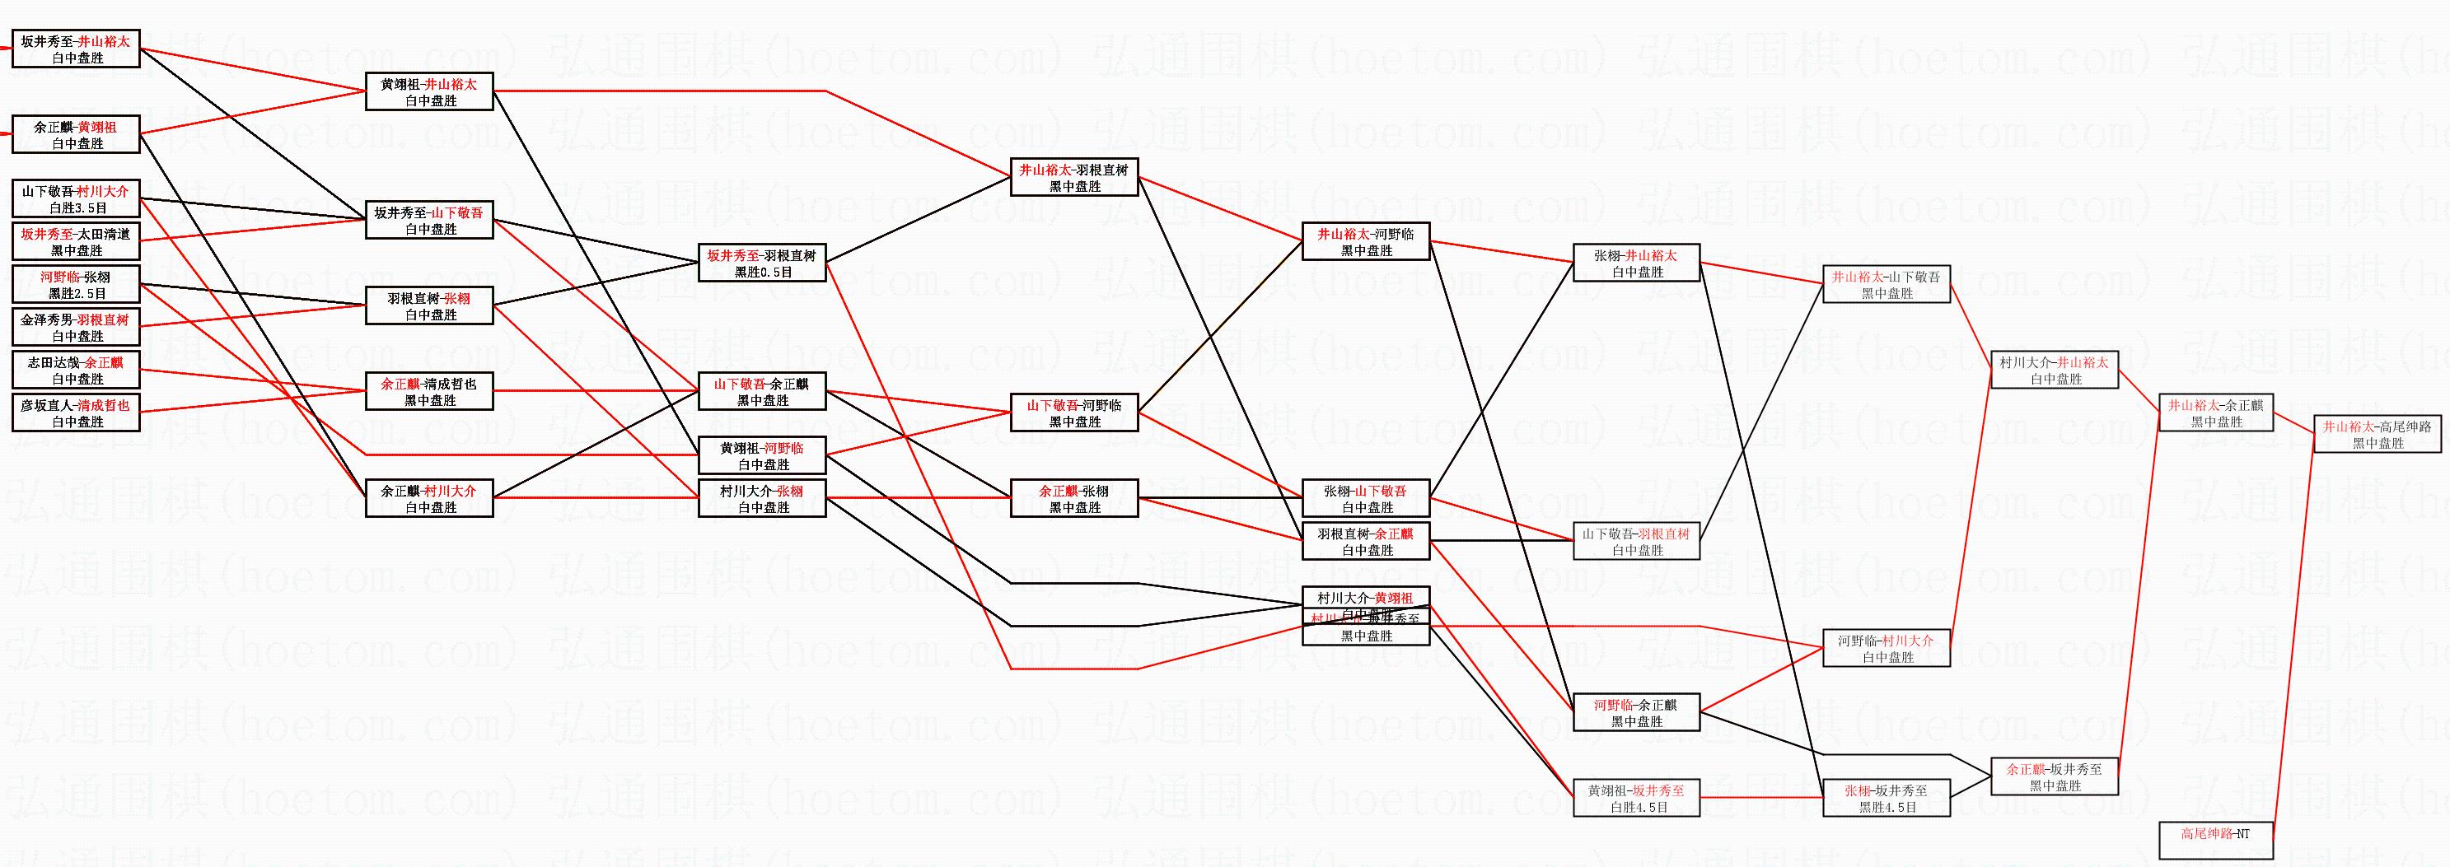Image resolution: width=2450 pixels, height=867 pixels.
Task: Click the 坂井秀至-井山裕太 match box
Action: point(76,49)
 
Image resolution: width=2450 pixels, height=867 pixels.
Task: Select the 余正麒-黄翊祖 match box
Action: point(76,134)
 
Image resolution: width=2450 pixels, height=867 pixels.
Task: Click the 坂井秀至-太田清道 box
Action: point(76,241)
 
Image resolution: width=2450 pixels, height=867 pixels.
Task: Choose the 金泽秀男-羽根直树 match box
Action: point(76,327)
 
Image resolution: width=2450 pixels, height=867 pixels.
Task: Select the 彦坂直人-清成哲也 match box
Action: point(76,413)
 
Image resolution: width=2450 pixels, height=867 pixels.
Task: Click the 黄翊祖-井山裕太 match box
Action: point(429,91)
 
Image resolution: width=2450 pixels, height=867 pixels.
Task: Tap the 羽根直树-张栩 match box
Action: point(429,305)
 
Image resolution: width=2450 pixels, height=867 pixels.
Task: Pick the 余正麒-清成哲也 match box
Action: point(429,391)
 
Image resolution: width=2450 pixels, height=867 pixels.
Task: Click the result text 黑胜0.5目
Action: point(763,272)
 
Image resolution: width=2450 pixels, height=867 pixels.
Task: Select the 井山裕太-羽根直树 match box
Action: point(1073,177)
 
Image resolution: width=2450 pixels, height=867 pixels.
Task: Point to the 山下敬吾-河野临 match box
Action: point(1073,413)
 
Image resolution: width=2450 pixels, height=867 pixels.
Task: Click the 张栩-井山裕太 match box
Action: point(1636,263)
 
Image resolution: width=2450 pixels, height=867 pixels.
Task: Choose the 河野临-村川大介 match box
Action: point(1886,647)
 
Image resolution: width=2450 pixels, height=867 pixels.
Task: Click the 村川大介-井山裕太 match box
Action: point(2055,370)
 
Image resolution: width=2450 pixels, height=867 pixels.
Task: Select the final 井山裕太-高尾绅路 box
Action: point(2377,433)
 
